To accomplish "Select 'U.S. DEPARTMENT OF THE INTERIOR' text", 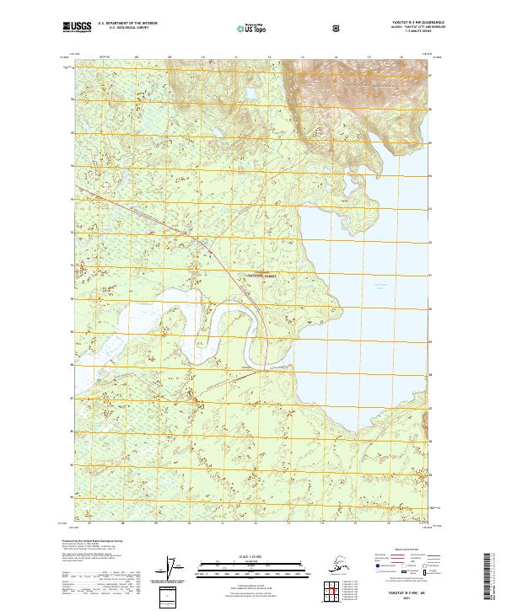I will (x=127, y=24).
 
